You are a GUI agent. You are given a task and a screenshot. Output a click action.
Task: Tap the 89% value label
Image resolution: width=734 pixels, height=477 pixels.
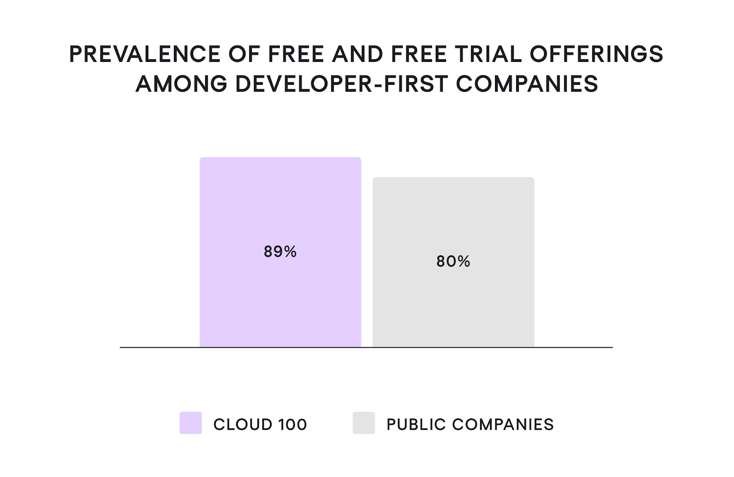280,251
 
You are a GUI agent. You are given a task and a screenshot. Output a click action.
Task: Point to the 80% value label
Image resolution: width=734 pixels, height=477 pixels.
453,261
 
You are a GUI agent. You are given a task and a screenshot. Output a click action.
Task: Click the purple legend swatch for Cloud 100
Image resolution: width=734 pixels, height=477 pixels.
190,423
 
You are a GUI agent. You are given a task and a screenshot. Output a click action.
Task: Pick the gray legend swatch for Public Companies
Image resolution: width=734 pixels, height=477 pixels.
364,423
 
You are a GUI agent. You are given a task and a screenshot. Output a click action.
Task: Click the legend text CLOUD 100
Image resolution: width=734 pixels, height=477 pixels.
260,425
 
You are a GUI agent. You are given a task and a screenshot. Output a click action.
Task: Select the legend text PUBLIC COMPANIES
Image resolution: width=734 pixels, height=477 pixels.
470,425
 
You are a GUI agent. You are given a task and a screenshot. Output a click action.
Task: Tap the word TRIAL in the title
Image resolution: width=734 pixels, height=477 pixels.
489,54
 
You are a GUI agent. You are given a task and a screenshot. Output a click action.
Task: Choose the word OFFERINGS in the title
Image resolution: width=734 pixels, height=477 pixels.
596,54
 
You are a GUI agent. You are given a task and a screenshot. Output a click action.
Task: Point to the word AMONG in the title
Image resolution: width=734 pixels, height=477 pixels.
181,84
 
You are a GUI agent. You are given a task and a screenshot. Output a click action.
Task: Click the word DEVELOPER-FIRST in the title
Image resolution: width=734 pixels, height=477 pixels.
341,84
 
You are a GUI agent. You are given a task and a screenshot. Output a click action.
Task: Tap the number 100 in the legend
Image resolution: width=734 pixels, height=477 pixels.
292,425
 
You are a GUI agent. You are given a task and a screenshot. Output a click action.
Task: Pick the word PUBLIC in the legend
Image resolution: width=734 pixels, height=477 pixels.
416,425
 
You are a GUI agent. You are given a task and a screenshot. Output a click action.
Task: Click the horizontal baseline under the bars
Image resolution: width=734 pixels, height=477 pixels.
573,348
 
